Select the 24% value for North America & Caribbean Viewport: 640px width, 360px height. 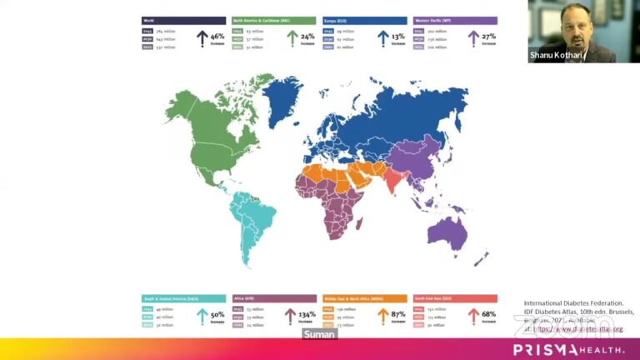click(x=308, y=37)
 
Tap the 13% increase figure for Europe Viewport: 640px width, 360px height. click(x=399, y=37)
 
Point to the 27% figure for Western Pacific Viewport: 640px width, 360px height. click(x=489, y=37)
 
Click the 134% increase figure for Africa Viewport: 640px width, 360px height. click(x=307, y=314)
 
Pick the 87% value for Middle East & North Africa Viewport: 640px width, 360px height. click(x=399, y=314)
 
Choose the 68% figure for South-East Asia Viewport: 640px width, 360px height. click(x=489, y=314)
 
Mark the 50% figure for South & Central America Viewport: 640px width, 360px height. click(x=217, y=314)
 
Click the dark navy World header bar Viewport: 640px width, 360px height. click(x=183, y=20)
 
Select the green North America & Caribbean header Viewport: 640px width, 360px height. click(x=274, y=20)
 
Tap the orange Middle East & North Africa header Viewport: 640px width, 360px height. click(x=364, y=297)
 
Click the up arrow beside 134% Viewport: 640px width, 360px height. click(x=290, y=316)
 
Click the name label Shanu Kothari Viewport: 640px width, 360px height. click(x=558, y=56)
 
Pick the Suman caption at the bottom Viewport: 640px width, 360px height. click(x=319, y=334)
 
